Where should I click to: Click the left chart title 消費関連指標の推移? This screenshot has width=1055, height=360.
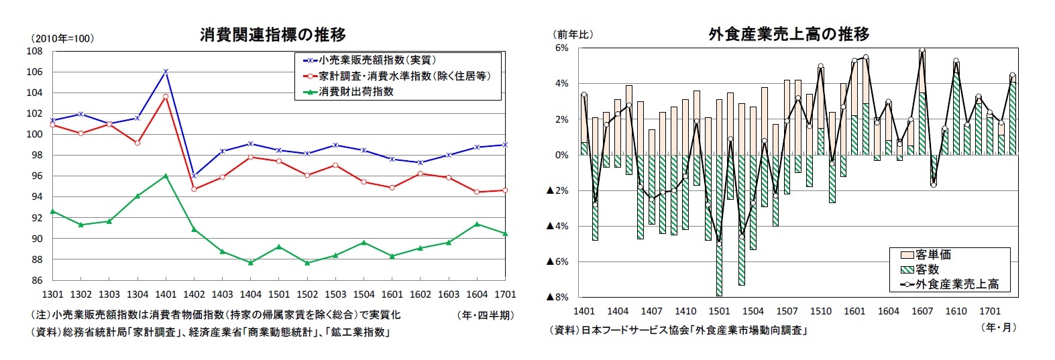(x=272, y=35)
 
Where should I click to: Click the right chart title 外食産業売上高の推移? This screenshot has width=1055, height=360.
(x=789, y=34)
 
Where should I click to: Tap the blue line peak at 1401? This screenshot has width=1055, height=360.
(x=166, y=71)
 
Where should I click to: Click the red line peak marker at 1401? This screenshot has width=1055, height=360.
(x=166, y=97)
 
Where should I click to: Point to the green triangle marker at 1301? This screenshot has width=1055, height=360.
(x=53, y=211)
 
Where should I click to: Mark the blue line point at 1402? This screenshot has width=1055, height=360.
(x=194, y=176)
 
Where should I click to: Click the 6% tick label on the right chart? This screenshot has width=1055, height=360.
(x=561, y=48)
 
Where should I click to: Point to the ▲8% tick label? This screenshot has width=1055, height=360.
(x=557, y=297)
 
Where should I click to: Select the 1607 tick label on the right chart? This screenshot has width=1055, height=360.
(x=922, y=311)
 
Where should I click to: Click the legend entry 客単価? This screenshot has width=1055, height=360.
(x=933, y=255)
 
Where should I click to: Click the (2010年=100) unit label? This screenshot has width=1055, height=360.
(x=62, y=38)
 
